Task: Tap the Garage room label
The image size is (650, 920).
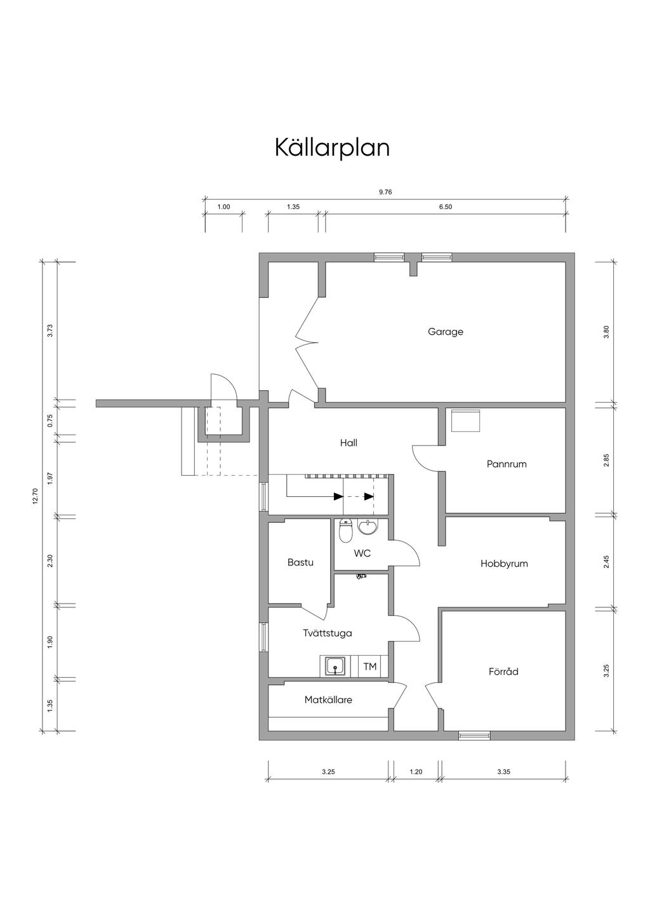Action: click(x=445, y=332)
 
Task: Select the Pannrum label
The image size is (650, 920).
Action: click(x=507, y=464)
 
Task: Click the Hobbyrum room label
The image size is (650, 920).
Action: click(x=504, y=564)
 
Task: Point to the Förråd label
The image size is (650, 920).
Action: click(x=503, y=672)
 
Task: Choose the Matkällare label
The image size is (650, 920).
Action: click(x=328, y=700)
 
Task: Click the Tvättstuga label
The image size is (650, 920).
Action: click(x=328, y=633)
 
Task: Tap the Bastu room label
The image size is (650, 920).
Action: click(x=300, y=562)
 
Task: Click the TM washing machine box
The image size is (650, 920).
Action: click(x=369, y=666)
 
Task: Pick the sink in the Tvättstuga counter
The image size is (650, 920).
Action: click(x=336, y=666)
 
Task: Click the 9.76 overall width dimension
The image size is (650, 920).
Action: click(x=385, y=192)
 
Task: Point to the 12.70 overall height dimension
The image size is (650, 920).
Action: click(x=36, y=496)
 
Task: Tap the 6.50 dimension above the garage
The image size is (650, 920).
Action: click(x=445, y=207)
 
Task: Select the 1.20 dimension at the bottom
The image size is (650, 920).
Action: click(x=416, y=772)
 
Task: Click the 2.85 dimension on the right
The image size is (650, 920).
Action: click(x=606, y=461)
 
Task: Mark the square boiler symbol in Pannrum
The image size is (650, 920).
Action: click(x=466, y=420)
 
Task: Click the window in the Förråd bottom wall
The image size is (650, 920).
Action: click(x=474, y=735)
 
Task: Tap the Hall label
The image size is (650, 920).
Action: click(x=348, y=443)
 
